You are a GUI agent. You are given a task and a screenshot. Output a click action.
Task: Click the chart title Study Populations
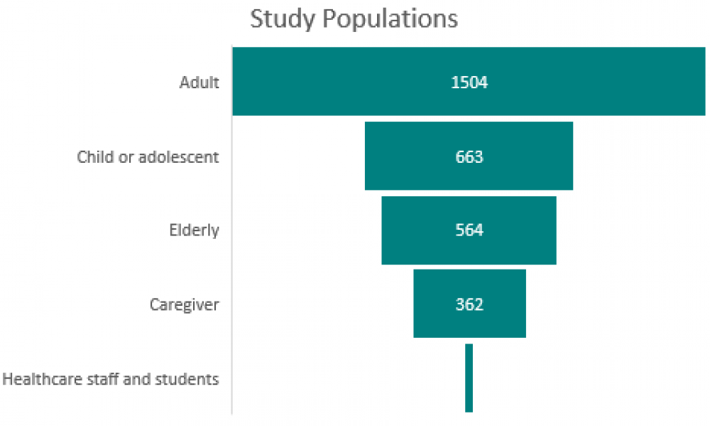coord(354,19)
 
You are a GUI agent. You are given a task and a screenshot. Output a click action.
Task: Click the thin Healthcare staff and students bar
coord(469,378)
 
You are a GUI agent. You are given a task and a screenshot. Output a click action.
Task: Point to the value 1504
coord(469,82)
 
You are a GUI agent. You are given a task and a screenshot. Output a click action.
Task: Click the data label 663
coord(469,156)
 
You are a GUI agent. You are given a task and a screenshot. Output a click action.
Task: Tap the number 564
coord(469,230)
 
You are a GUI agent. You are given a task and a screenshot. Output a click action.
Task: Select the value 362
coord(469,304)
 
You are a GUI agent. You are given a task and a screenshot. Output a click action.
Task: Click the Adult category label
coord(199,82)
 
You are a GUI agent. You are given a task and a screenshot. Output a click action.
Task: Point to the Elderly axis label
coord(194,230)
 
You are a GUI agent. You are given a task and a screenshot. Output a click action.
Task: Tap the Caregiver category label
coord(184,304)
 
